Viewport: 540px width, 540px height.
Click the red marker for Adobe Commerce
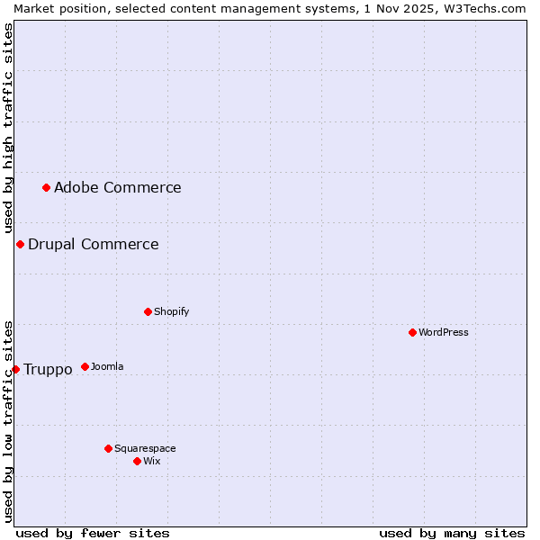click(x=46, y=187)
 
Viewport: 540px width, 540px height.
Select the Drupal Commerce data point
click(x=20, y=244)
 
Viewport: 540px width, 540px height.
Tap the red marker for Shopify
click(x=148, y=311)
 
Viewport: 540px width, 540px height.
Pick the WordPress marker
click(x=412, y=332)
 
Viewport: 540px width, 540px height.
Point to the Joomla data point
click(x=85, y=366)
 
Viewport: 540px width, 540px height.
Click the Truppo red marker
click(x=15, y=369)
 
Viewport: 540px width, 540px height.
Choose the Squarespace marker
click(x=108, y=448)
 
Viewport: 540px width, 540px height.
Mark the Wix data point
click(x=137, y=461)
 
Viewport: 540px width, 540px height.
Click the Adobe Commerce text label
click(x=117, y=187)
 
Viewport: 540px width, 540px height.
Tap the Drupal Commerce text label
click(x=93, y=244)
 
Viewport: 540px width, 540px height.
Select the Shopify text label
click(x=171, y=311)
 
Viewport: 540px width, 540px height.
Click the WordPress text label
click(x=443, y=332)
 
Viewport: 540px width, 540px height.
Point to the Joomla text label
click(x=107, y=366)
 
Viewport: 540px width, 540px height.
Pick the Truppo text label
click(x=48, y=369)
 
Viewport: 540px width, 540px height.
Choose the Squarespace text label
click(x=145, y=448)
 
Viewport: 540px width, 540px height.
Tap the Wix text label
click(x=151, y=461)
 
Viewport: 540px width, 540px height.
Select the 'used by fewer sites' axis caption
click(x=93, y=533)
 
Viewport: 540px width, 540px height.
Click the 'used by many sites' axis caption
click(x=452, y=533)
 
